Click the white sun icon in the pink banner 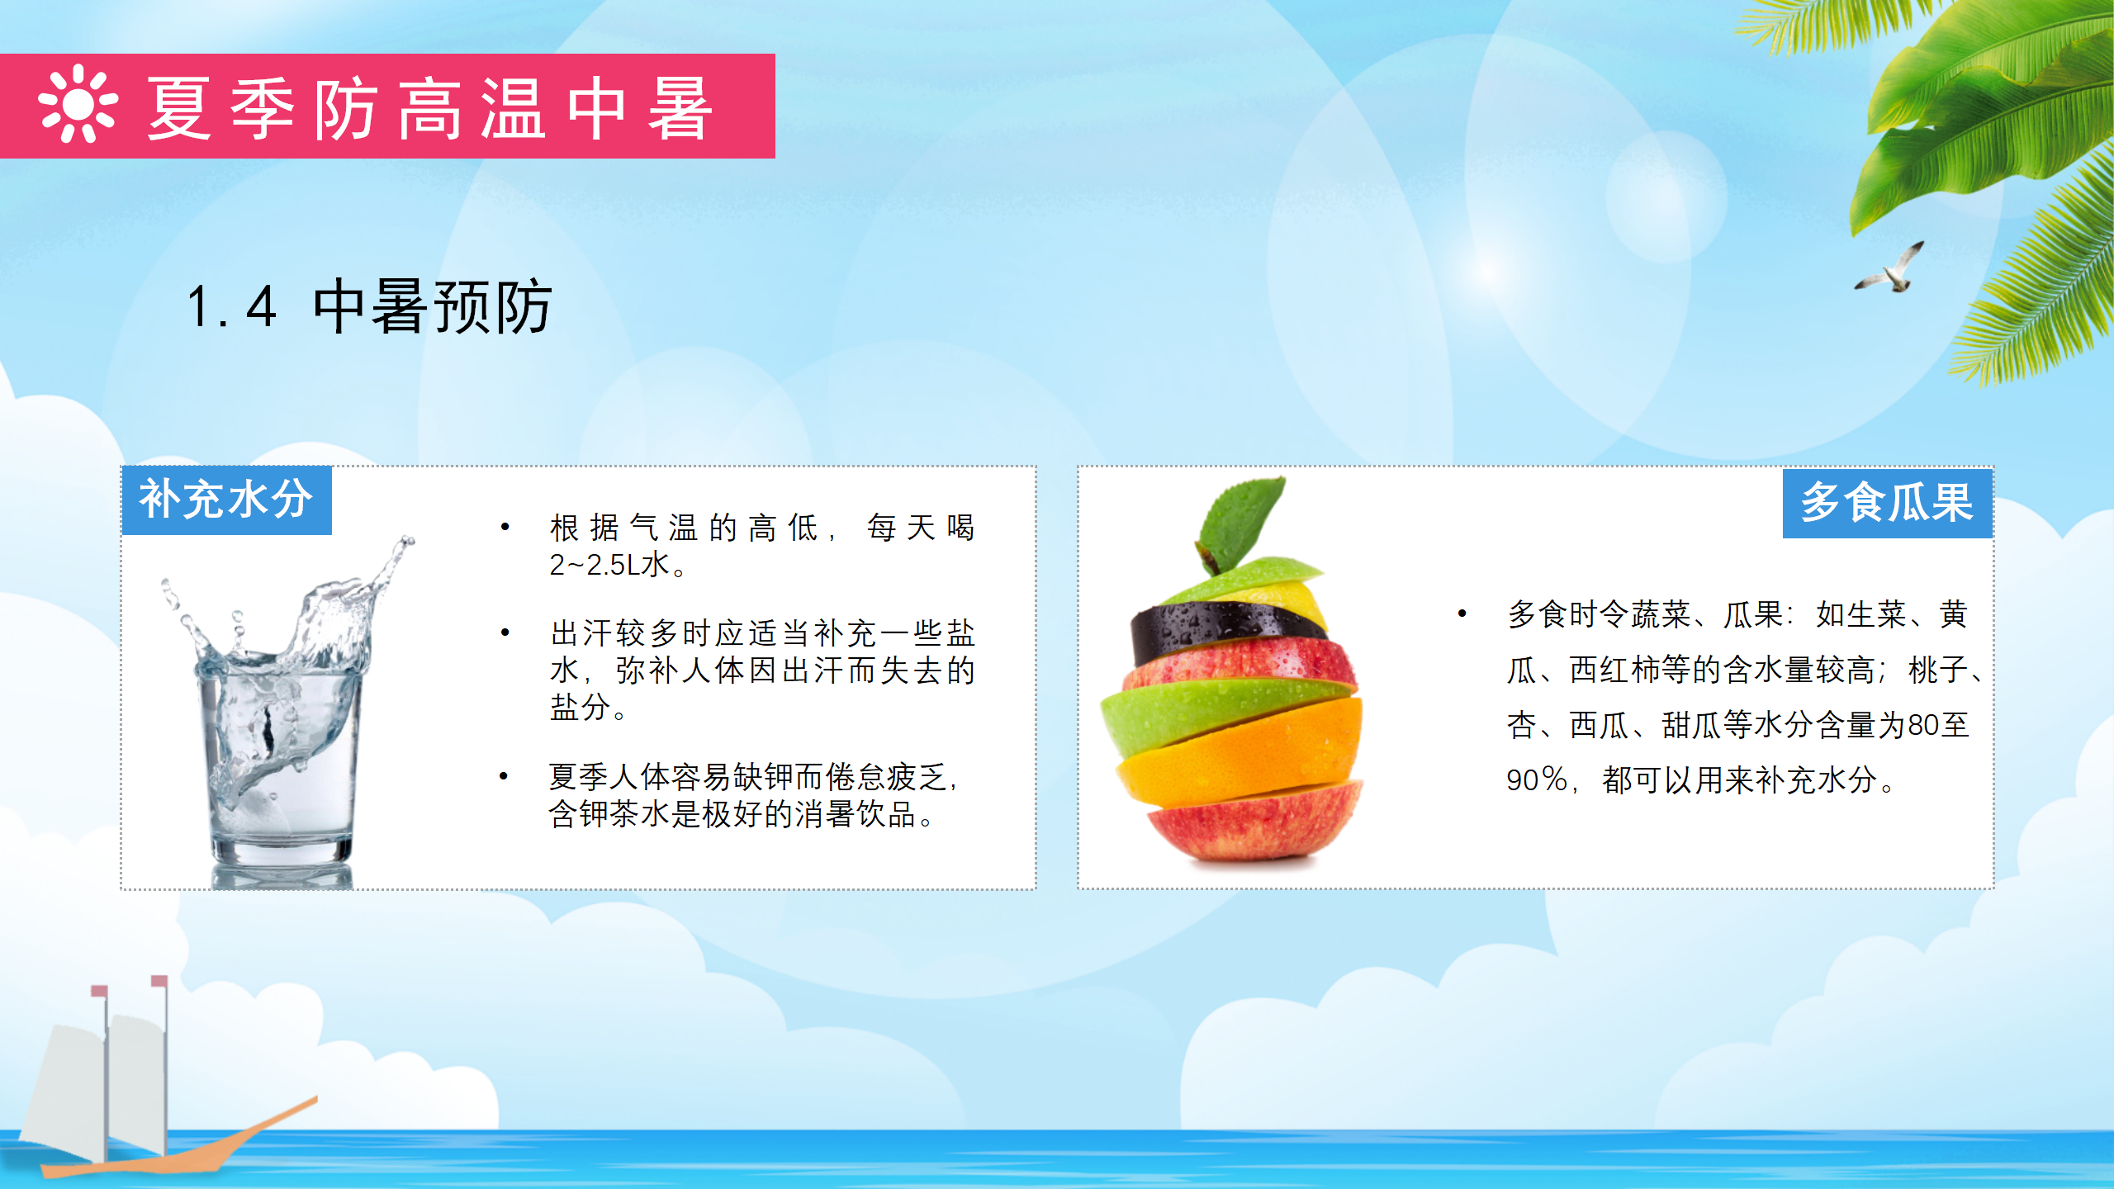[78, 104]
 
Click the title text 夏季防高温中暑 [429, 108]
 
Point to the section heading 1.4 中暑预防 [369, 306]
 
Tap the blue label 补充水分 [226, 500]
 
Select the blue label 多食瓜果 [1887, 503]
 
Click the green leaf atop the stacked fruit [1239, 520]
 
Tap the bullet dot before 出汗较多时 [505, 633]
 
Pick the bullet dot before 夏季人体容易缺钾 [504, 776]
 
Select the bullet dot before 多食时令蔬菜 [1462, 613]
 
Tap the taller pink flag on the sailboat [159, 981]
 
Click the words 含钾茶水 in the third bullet [609, 814]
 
